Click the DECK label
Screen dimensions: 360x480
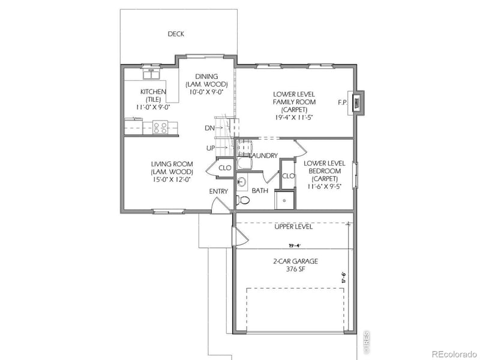tap(176, 34)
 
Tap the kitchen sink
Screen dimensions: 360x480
tap(150, 74)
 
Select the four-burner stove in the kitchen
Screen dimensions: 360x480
tap(160, 127)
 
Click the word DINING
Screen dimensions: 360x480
tap(206, 76)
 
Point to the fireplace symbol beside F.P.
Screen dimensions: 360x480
tap(358, 103)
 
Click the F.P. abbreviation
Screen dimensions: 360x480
tap(343, 103)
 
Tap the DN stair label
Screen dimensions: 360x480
tap(209, 128)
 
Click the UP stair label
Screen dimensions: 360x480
tap(209, 148)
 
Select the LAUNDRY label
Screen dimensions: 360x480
tap(263, 156)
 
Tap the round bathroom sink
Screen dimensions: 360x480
tap(241, 181)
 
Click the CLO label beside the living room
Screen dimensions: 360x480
tap(225, 168)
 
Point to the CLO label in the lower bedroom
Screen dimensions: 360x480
tap(288, 176)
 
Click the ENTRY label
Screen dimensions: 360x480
tap(218, 191)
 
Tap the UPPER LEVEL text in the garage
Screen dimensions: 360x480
tap(293, 227)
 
